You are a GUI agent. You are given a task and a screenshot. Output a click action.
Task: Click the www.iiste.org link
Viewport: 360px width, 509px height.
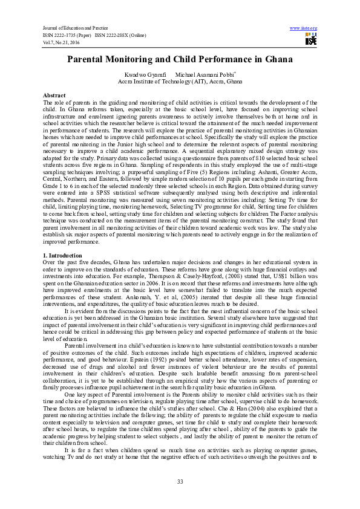304,28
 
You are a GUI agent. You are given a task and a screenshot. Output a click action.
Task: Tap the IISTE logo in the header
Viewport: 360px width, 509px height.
310,41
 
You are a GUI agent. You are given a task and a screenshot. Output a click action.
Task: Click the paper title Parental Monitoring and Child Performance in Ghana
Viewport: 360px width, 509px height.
180,60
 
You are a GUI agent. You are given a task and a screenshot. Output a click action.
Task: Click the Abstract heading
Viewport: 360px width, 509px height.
54,96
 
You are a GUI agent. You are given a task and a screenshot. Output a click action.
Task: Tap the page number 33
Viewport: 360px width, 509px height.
180,481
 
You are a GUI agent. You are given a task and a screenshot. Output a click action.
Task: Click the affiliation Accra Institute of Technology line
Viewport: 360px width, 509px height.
180,80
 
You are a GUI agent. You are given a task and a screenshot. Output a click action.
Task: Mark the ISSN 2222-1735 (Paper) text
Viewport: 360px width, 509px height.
66,34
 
